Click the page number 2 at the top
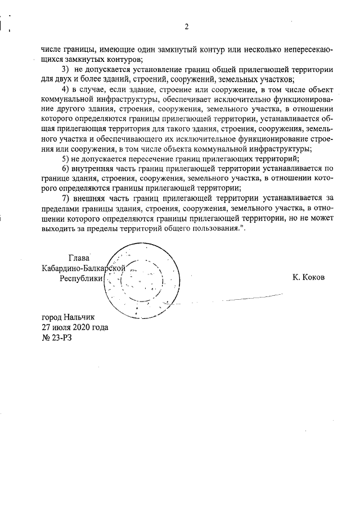click(186, 26)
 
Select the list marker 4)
click(66, 89)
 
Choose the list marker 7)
click(66, 197)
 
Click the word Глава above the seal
click(78, 258)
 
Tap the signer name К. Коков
click(309, 277)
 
